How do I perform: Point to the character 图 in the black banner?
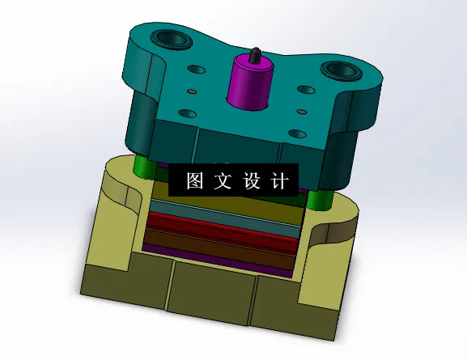(196, 180)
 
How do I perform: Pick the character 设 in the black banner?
(250, 180)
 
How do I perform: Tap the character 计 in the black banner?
(277, 180)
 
